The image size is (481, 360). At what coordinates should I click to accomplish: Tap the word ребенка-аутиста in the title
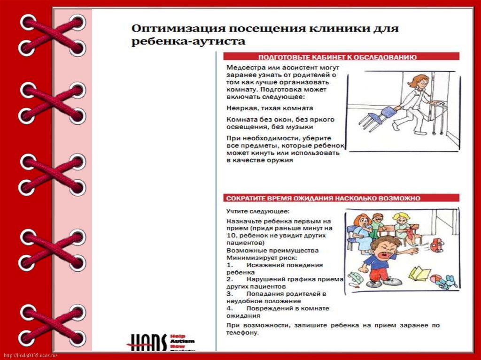click(x=188, y=42)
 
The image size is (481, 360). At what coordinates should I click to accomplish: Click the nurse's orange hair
click(x=419, y=80)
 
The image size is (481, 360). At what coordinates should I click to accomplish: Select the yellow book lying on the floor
click(x=419, y=273)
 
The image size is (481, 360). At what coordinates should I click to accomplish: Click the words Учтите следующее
click(x=258, y=211)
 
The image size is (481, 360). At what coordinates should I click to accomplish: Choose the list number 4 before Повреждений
click(x=228, y=308)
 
